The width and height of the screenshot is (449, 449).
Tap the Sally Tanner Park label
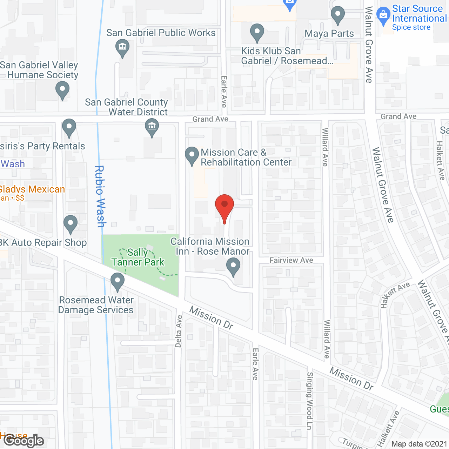pyautogui.click(x=138, y=257)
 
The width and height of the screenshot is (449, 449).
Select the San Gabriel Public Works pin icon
pyautogui.click(x=122, y=48)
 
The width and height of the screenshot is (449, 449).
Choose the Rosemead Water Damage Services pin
pyautogui.click(x=118, y=281)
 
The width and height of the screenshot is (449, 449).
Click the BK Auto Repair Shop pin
pyautogui.click(x=71, y=223)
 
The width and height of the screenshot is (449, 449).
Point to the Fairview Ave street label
pyautogui.click(x=291, y=260)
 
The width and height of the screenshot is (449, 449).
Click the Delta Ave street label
pyautogui.click(x=179, y=331)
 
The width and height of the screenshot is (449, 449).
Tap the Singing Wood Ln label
pyautogui.click(x=309, y=401)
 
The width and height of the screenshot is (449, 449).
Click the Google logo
pyautogui.click(x=24, y=441)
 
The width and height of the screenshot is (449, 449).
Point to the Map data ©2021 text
pyautogui.click(x=419, y=444)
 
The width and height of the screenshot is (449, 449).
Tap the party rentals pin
pyautogui.click(x=69, y=127)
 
